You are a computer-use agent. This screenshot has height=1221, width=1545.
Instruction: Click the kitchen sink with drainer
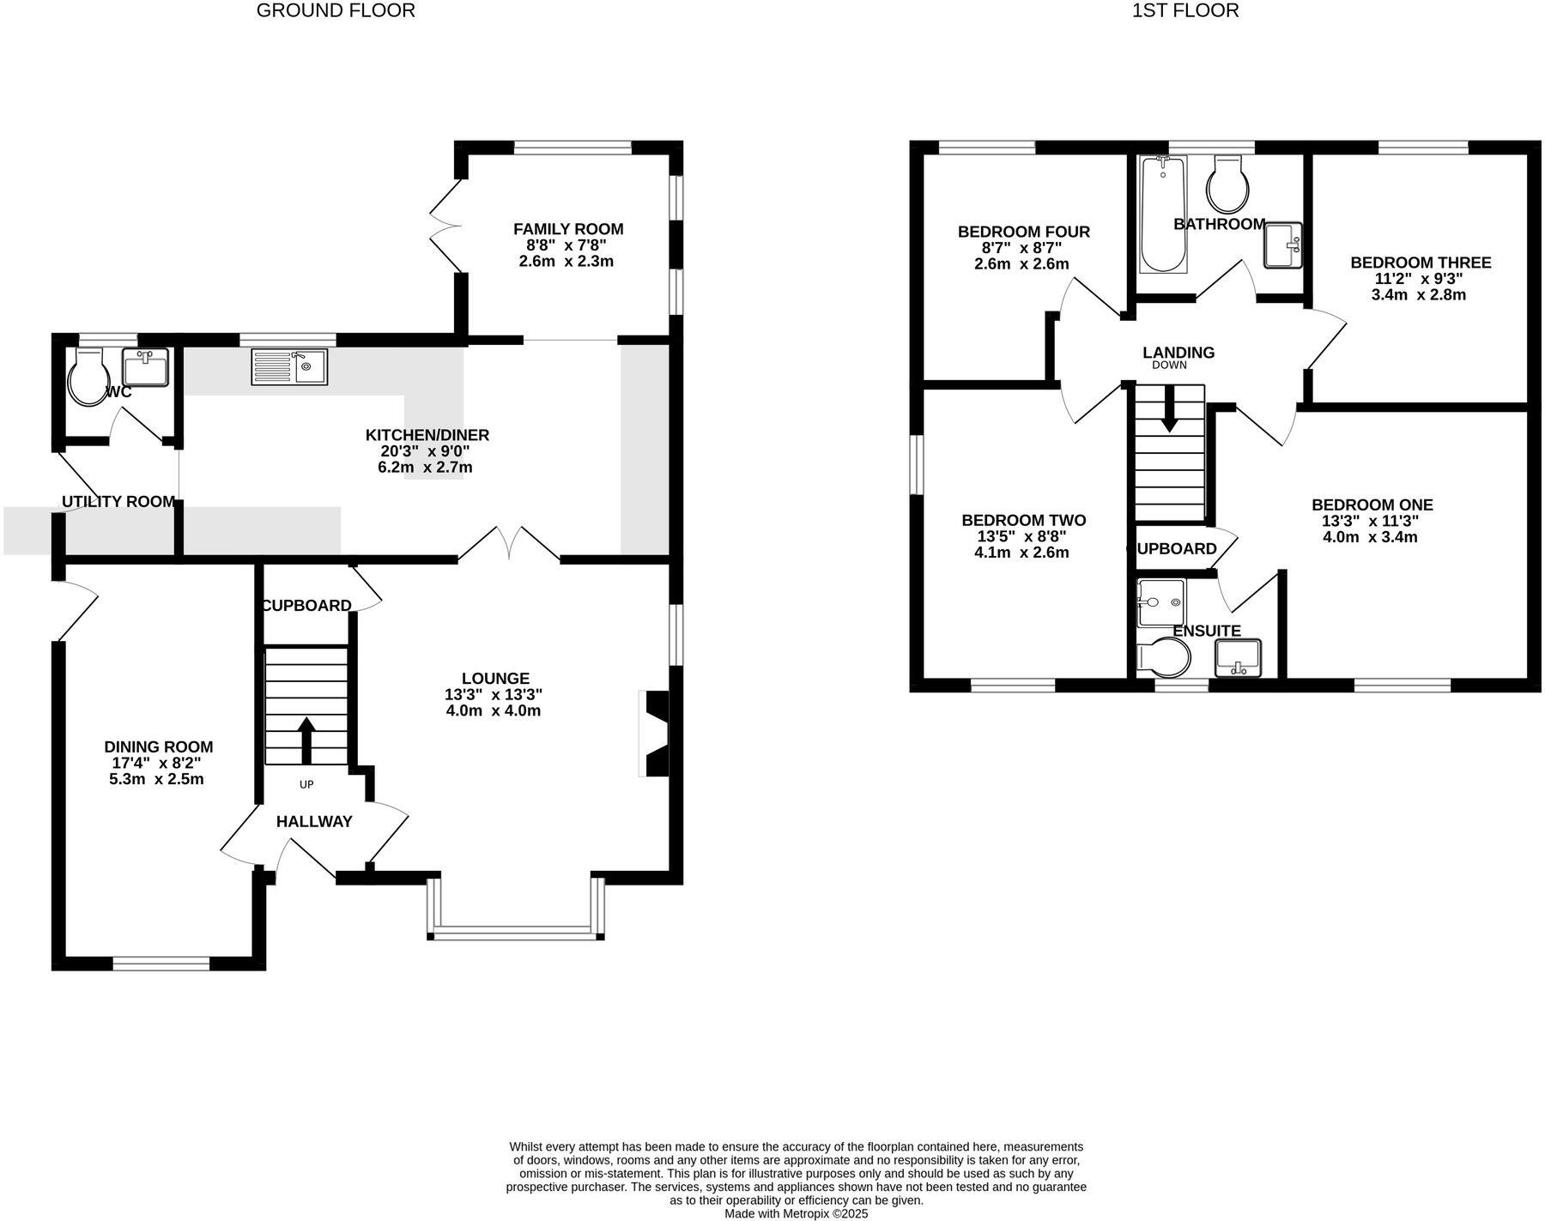point(289,366)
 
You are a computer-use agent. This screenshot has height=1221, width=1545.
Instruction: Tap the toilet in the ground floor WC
point(87,378)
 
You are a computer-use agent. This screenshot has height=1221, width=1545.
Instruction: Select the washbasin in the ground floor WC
point(144,368)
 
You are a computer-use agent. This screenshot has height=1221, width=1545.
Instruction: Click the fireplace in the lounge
point(655,734)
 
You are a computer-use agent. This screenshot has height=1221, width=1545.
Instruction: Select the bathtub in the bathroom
point(1162,215)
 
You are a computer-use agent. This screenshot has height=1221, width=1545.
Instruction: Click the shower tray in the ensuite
point(1160,603)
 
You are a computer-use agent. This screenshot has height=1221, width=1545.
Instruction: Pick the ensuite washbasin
point(1238,658)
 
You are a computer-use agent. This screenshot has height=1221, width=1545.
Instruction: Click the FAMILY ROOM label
point(568,229)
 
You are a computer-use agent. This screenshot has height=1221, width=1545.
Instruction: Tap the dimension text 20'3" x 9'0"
point(427,451)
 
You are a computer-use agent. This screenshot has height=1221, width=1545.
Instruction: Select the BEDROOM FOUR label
point(1023,232)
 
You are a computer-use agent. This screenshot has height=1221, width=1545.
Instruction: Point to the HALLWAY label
point(314,821)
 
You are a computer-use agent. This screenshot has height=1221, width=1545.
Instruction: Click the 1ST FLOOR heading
point(1184,11)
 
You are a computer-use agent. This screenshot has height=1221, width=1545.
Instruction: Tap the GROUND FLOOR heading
point(336,11)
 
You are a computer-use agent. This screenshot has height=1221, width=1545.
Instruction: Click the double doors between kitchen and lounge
point(509,546)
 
